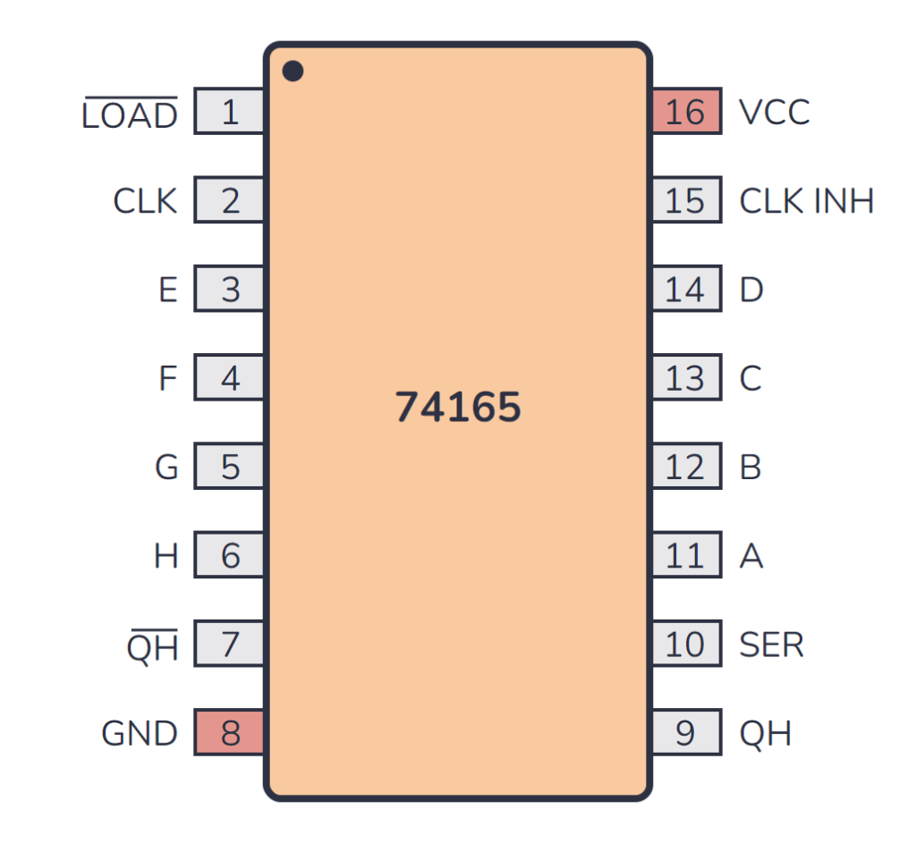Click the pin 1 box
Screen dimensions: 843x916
[229, 113]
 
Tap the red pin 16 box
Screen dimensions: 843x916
[686, 113]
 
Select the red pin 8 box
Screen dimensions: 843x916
[229, 733]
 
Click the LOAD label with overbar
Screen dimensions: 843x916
[130, 114]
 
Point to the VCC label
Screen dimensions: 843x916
[775, 113]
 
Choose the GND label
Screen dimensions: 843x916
[140, 734]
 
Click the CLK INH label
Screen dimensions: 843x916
[806, 201]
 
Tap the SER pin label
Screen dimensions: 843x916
[771, 645]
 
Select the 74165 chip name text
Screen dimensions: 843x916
[458, 408]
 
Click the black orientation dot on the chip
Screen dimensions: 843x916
[293, 71]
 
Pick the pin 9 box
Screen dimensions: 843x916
[686, 733]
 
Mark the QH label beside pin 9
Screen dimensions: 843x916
[766, 734]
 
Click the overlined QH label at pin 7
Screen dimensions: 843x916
[153, 645]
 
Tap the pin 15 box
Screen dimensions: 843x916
[686, 201]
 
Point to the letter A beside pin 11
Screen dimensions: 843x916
[751, 556]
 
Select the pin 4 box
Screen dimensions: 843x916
[229, 379]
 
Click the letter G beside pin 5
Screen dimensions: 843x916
[166, 468]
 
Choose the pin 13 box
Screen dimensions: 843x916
[686, 379]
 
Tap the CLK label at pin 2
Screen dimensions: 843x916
[145, 201]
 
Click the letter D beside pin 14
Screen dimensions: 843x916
[751, 291]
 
